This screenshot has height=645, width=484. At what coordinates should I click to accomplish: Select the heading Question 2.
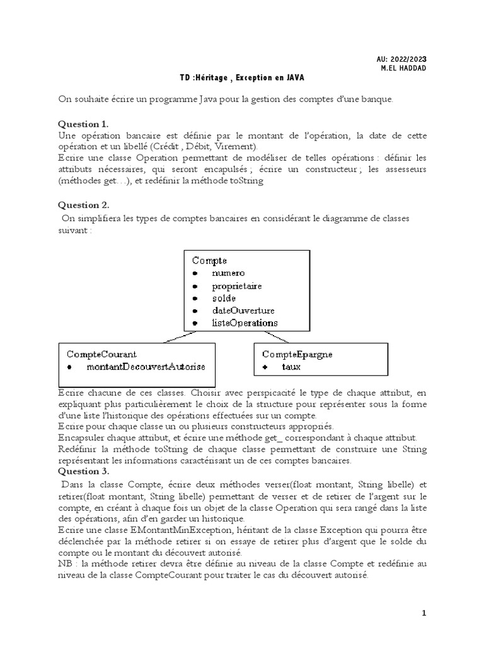click(84, 205)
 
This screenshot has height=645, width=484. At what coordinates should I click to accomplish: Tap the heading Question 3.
click(84, 471)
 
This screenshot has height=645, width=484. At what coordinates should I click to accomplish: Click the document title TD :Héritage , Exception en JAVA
click(242, 77)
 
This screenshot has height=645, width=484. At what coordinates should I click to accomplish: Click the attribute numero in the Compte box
click(228, 273)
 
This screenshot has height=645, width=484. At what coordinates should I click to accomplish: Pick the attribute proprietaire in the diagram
click(237, 285)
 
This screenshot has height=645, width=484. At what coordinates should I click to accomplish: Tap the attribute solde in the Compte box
click(224, 297)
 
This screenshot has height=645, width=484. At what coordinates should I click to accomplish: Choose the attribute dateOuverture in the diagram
click(243, 310)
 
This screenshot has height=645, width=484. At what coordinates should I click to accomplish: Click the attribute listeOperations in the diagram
click(245, 322)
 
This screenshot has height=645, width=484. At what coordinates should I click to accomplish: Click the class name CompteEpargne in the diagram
click(297, 354)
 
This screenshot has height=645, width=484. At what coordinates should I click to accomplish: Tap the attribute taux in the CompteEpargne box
click(291, 366)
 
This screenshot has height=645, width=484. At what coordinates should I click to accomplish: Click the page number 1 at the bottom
click(424, 613)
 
